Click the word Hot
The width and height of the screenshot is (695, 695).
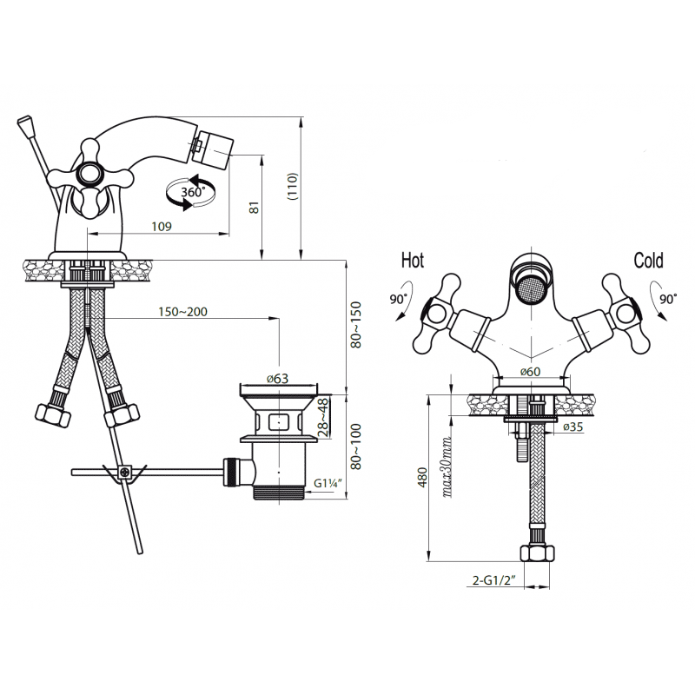tap(412, 260)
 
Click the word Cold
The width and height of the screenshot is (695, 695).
tap(648, 260)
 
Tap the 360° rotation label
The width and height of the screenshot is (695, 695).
tap(193, 192)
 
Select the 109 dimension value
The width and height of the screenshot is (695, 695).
tap(162, 227)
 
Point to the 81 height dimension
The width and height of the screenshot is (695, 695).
tap(254, 208)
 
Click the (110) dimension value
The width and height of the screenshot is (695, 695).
tap(293, 187)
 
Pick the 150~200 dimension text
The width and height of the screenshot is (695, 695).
tap(182, 312)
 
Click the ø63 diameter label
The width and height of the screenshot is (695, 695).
tap(277, 379)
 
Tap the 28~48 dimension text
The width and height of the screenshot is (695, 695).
tap(324, 418)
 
